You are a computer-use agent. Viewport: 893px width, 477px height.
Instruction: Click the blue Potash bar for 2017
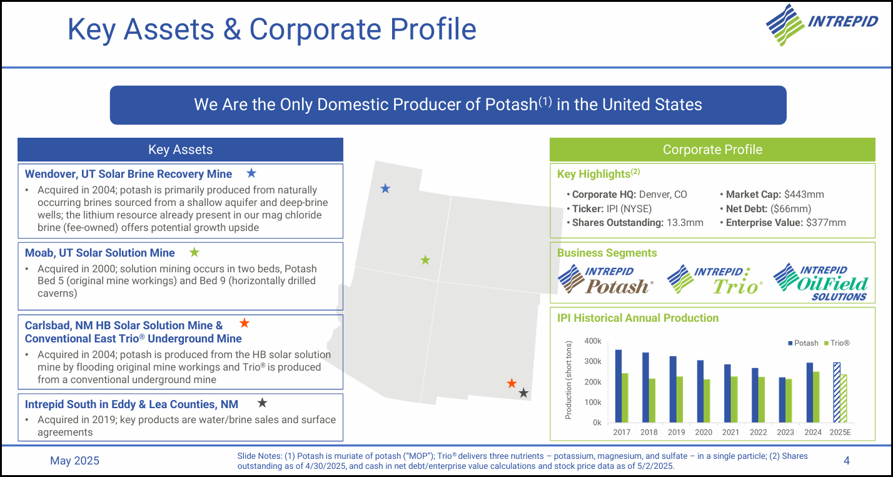tap(618, 386)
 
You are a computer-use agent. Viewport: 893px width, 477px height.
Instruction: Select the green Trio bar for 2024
tap(816, 397)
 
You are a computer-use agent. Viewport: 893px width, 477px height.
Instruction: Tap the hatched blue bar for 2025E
tap(837, 392)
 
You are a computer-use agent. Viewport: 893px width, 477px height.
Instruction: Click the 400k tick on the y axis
tap(593, 341)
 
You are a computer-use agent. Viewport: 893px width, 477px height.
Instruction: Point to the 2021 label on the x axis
tap(730, 432)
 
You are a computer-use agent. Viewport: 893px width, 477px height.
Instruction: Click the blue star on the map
tap(385, 188)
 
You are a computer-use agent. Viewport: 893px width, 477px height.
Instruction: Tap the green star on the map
tap(425, 260)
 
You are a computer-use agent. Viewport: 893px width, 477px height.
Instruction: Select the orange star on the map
tap(512, 383)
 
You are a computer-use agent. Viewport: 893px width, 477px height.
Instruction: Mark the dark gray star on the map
tap(524, 393)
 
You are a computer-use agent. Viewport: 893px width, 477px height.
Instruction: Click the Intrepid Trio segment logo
tap(715, 280)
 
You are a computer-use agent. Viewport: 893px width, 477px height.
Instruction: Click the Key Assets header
tap(180, 150)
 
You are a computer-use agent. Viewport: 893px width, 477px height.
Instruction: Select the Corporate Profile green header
tap(712, 150)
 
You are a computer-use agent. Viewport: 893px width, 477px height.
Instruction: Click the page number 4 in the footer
tap(846, 461)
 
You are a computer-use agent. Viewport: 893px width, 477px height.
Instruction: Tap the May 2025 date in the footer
tap(74, 461)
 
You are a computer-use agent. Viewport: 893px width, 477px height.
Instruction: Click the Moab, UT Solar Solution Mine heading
tap(99, 253)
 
